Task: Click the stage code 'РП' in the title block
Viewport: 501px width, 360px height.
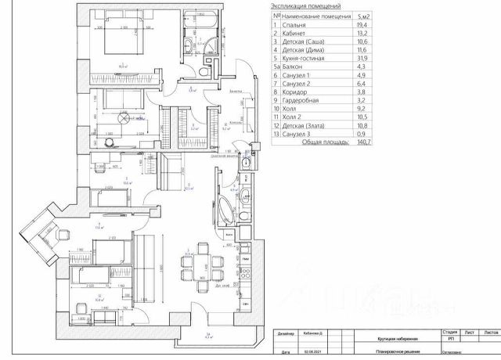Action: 450,340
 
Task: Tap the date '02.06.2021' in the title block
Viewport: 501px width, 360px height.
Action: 309,353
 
